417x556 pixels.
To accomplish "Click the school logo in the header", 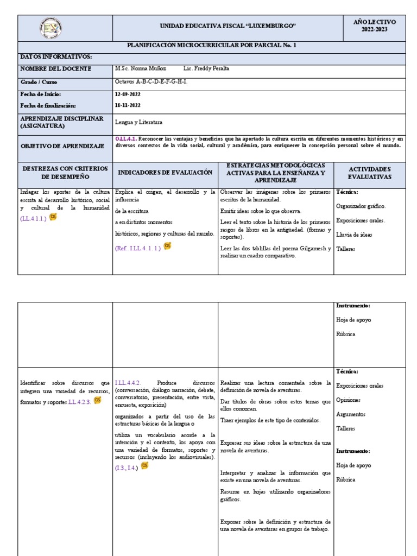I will pos(51,28).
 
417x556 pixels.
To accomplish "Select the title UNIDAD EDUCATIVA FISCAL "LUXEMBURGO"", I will pos(228,26).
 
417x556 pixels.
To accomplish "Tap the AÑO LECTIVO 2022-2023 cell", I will pos(375,26).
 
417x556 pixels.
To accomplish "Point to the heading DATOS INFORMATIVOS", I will pos(56,56).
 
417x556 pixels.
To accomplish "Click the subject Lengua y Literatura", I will pos(138,122).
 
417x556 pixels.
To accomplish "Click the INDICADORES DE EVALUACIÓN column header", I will pos(165,172).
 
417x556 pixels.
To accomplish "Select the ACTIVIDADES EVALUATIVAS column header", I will pos(369,173).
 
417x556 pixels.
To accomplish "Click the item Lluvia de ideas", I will pos(354,235).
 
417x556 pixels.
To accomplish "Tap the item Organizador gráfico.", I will pos(361,206).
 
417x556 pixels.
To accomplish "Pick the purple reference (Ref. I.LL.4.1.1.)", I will pos(138,248).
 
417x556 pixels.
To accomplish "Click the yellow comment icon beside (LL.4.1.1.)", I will pos(53,217).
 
